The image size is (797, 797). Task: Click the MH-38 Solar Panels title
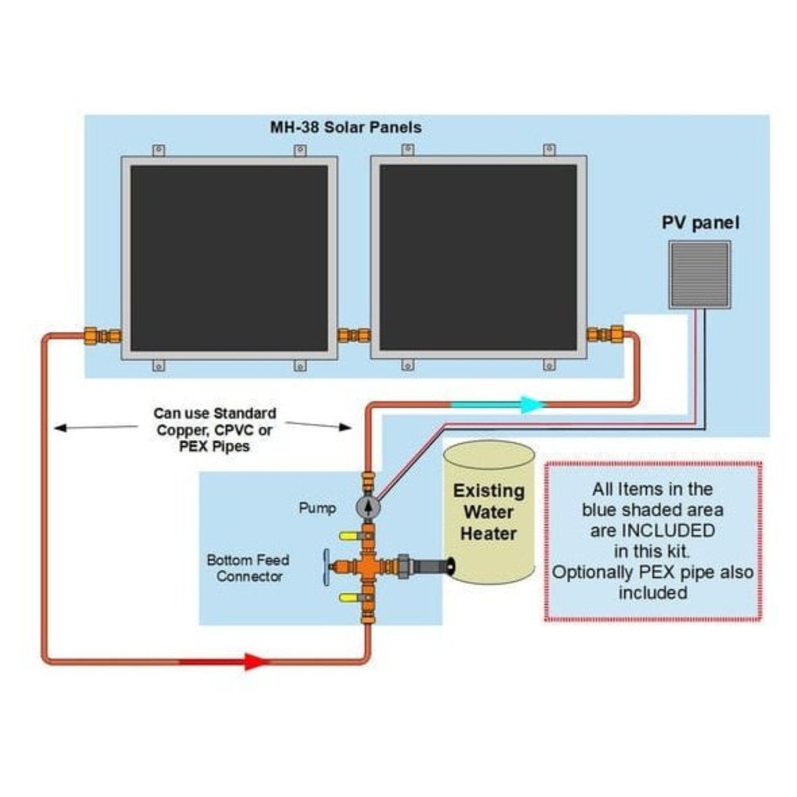pyautogui.click(x=346, y=127)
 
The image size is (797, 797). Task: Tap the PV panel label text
pyautogui.click(x=700, y=223)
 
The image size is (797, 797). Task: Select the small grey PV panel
pyautogui.click(x=700, y=275)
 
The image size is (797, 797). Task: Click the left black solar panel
pyautogui.click(x=229, y=258)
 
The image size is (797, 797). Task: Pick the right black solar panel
pyautogui.click(x=478, y=258)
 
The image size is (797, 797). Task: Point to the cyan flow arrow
pyautogui.click(x=532, y=405)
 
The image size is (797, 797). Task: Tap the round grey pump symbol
pyautogui.click(x=368, y=507)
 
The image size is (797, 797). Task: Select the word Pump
pyautogui.click(x=317, y=507)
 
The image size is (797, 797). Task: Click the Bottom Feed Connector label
pyautogui.click(x=248, y=568)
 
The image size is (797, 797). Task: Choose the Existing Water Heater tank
pyautogui.click(x=489, y=512)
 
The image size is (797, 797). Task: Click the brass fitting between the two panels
pyautogui.click(x=354, y=335)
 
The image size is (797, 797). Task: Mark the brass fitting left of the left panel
pyautogui.click(x=102, y=336)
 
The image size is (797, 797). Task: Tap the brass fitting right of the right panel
pyautogui.click(x=606, y=334)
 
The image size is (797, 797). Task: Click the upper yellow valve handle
pyautogui.click(x=348, y=536)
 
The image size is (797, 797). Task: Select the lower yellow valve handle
pyautogui.click(x=348, y=597)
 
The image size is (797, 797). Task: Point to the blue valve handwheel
pyautogui.click(x=327, y=567)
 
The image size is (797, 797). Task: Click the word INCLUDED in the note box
pyautogui.click(x=668, y=531)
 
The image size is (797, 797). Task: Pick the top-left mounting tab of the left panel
pyautogui.click(x=159, y=150)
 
